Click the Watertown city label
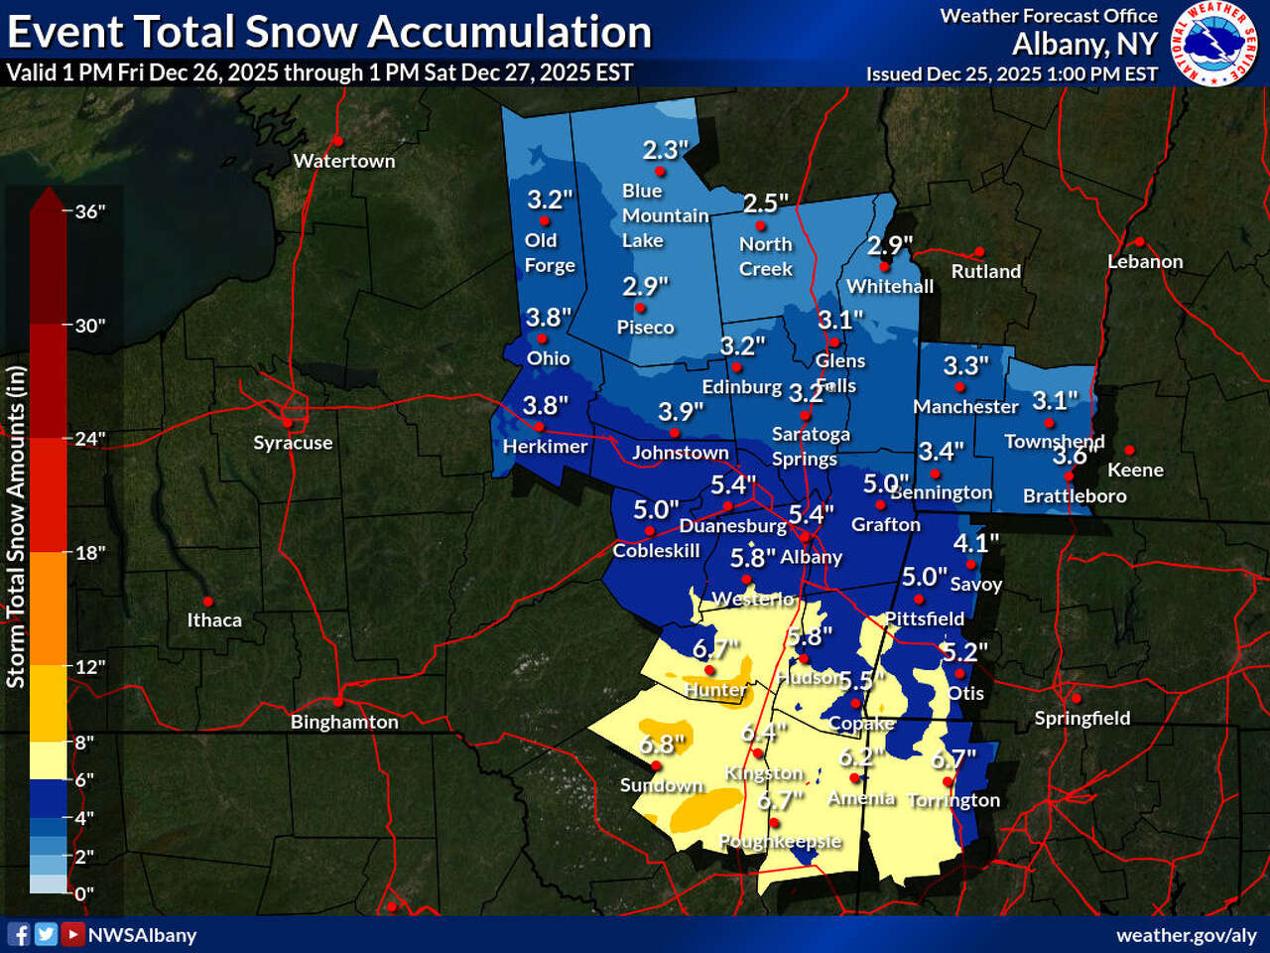click(343, 161)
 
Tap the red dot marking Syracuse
click(288, 423)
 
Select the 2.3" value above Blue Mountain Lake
click(665, 150)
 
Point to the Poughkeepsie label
click(780, 841)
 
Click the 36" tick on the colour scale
click(89, 211)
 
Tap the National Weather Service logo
click(1214, 44)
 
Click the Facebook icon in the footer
click(19, 934)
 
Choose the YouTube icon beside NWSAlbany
click(72, 934)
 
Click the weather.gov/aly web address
click(1186, 935)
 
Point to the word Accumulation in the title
click(512, 32)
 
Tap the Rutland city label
click(985, 271)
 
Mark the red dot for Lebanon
click(1140, 242)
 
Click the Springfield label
click(1081, 718)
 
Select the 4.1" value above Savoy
click(975, 543)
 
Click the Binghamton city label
click(344, 722)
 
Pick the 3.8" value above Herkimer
click(546, 405)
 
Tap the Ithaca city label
click(214, 620)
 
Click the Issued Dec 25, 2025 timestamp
click(1011, 74)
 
